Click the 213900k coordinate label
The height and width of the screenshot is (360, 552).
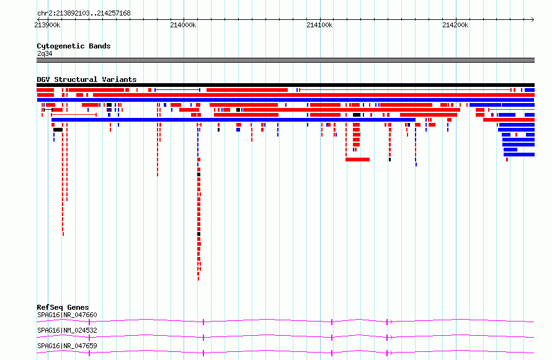48,25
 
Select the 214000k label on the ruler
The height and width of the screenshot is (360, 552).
183,25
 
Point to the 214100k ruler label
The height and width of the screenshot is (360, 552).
319,25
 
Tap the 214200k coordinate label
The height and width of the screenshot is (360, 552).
455,25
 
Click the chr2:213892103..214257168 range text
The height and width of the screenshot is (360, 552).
84,14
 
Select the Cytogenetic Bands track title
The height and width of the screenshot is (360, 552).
74,46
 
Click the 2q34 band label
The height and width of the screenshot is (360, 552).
45,53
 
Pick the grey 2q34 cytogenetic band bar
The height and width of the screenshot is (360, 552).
285,60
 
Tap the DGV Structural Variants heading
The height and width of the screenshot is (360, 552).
87,79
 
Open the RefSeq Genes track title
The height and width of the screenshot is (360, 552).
63,307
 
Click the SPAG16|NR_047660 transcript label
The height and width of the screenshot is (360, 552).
67,315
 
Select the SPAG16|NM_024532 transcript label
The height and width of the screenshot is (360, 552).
67,330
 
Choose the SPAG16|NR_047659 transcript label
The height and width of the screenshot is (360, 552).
67,346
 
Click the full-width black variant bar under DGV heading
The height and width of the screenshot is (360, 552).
285,85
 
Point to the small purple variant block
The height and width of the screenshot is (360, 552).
109,110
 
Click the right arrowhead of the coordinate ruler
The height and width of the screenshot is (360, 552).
533,20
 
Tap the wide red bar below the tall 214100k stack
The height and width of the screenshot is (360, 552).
358,160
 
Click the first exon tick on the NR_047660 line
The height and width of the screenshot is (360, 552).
89,322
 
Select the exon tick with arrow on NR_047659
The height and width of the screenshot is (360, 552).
387,353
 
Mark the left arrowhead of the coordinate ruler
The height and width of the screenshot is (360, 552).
38,20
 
